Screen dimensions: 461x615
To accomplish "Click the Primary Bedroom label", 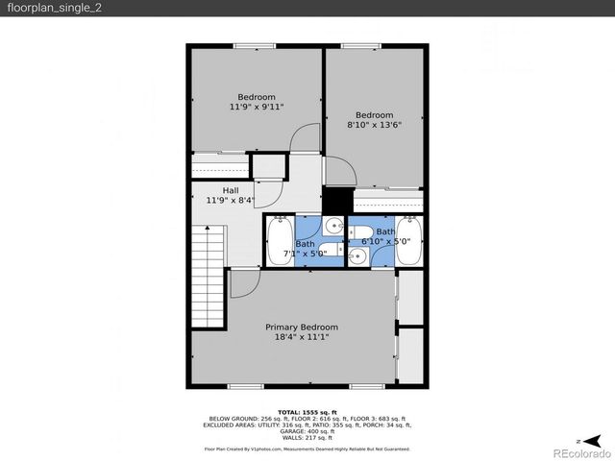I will tap(302, 327).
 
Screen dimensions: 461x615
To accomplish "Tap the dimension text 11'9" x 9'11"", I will tap(257, 108).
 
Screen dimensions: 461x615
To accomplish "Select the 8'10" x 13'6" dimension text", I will tap(374, 125).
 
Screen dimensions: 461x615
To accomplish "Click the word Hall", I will tap(231, 189).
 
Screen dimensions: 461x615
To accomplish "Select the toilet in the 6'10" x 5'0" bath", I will tap(356, 255).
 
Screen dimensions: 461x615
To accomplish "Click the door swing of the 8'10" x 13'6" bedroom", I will tap(340, 171).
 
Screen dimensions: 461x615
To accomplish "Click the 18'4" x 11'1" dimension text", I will tap(302, 337).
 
